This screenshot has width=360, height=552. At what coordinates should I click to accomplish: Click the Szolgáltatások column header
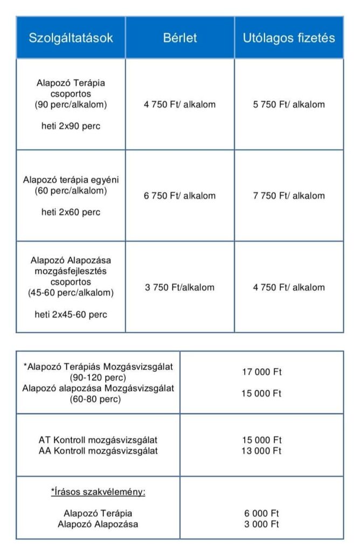point(71,38)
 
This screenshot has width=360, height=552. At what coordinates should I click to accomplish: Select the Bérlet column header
point(180,38)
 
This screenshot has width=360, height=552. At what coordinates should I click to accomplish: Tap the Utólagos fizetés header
point(289,38)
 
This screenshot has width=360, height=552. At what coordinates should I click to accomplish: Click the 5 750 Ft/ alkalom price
point(289,105)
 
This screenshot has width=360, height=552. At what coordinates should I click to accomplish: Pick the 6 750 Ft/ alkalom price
point(179,196)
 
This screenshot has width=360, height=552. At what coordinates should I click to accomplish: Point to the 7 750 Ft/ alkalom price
point(289,196)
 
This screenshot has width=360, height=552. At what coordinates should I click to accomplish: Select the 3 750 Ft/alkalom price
point(179,287)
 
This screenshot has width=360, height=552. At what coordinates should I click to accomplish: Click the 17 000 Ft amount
point(261,371)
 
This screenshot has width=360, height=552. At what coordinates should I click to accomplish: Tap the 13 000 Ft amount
point(261,451)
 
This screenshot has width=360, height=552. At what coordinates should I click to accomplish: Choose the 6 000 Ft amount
point(261,513)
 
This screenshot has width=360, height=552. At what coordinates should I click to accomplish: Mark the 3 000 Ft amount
point(261,524)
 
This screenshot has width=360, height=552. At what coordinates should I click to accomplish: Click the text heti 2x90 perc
point(71,127)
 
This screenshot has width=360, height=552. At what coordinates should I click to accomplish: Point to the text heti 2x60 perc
point(71,212)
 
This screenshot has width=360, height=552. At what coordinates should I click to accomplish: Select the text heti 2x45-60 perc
point(71,314)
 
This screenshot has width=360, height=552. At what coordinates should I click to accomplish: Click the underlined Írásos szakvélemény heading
point(98,492)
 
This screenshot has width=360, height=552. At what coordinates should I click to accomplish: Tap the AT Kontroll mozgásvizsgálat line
point(98,440)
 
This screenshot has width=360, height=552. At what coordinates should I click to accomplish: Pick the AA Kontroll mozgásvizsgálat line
point(98,451)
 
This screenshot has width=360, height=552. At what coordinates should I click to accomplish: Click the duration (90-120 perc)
point(98,377)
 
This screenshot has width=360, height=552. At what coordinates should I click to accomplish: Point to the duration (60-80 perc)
point(98,399)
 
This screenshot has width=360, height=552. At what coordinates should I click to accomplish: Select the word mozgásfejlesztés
point(71,271)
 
